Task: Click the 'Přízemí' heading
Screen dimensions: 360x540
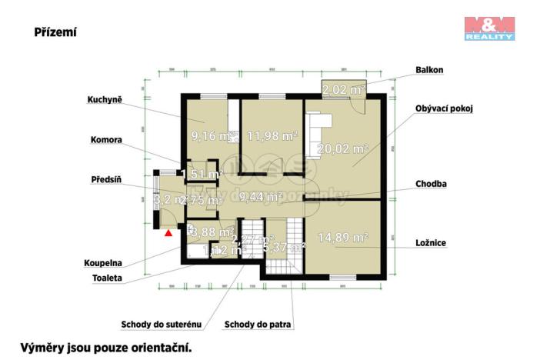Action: (55, 32)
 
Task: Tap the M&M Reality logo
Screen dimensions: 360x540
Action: (488, 27)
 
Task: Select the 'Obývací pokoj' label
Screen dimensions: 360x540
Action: (443, 108)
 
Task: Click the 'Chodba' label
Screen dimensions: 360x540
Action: (430, 184)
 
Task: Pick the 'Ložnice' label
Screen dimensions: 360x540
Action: (430, 242)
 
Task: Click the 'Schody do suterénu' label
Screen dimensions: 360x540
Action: (161, 324)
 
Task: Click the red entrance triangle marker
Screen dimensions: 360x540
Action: (168, 231)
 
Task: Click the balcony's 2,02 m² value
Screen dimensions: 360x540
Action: (342, 90)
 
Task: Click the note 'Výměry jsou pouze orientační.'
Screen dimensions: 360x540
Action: (105, 347)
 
